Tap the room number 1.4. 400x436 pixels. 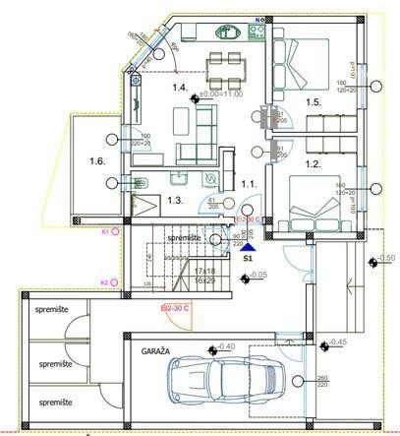coord(180,89)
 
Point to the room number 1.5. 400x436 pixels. coord(312,101)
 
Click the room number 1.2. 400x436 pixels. coord(312,164)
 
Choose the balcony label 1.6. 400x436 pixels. coord(96,160)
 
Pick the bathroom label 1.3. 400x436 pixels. coord(176,200)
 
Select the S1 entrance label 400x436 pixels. coord(248,259)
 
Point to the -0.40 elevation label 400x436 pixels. coord(224,346)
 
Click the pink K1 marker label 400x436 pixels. coord(105,231)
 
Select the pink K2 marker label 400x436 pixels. coord(105,282)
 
